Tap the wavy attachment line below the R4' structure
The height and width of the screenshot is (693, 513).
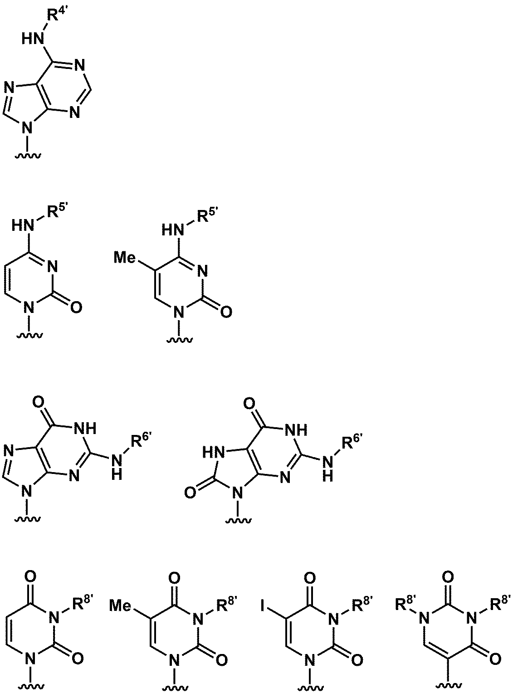tap(28, 156)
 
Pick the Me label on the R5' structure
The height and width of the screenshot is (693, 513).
tap(125, 258)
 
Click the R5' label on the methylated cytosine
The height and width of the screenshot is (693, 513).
tap(207, 215)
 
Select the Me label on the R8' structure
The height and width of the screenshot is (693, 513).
tap(121, 606)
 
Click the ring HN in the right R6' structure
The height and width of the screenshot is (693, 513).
tap(214, 451)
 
